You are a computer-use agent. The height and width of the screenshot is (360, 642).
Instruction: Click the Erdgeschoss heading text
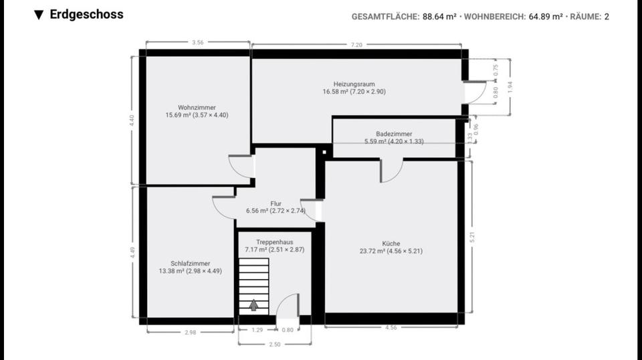point(86,14)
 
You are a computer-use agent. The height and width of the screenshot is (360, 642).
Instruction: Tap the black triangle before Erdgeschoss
point(39,15)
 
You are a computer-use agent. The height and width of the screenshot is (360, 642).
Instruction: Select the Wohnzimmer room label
point(197,107)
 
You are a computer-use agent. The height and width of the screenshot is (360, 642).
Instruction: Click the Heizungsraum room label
point(354,84)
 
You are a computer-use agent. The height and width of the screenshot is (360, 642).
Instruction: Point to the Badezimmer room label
point(394,134)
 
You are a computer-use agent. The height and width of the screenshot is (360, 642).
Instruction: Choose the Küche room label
point(391,244)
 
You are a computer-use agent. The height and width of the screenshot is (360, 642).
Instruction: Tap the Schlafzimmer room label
point(190,264)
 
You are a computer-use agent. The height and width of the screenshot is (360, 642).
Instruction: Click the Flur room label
point(276,203)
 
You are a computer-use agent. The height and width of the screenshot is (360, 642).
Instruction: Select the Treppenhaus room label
point(274,242)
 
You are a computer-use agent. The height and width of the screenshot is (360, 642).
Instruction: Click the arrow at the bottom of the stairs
point(254,305)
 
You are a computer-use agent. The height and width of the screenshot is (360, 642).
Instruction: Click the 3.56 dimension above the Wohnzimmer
point(197,43)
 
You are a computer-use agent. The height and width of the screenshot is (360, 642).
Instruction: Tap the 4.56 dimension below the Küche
point(392,328)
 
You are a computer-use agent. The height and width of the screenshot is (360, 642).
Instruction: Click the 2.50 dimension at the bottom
point(274,344)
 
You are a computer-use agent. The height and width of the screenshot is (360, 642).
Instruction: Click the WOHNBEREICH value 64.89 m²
point(546,16)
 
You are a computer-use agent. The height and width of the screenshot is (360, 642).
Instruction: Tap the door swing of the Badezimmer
point(391,171)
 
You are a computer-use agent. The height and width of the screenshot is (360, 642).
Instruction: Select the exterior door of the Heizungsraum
point(475,92)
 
